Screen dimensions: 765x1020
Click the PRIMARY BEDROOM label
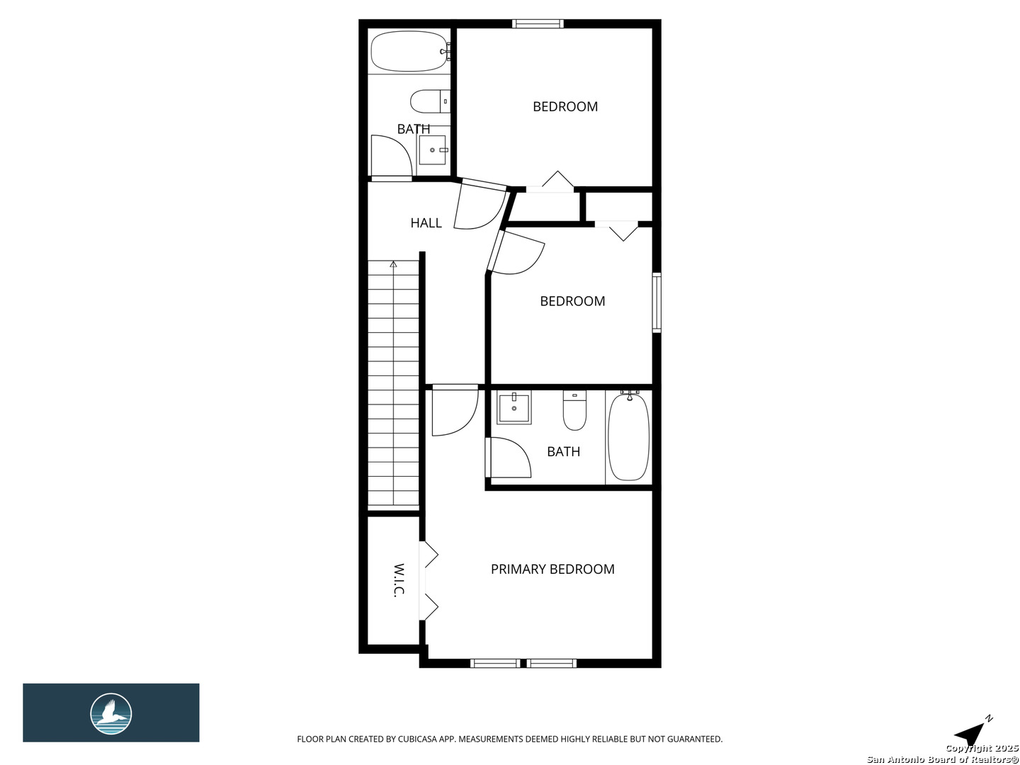[552, 569]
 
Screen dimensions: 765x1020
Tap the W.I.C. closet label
[399, 580]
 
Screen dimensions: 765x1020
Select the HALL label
[426, 222]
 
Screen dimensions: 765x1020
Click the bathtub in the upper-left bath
[409, 52]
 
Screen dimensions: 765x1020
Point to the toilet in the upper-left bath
[429, 101]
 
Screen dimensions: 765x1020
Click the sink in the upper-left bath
[432, 150]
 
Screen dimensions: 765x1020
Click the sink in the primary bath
[514, 408]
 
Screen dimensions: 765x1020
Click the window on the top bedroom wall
[538, 24]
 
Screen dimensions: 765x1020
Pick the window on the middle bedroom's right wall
[657, 302]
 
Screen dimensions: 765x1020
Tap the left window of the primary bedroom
[495, 663]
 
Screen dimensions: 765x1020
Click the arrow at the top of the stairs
[393, 265]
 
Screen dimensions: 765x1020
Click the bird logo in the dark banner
[111, 713]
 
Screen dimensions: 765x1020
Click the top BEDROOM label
[565, 106]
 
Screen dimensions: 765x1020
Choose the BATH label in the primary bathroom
[563, 451]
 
